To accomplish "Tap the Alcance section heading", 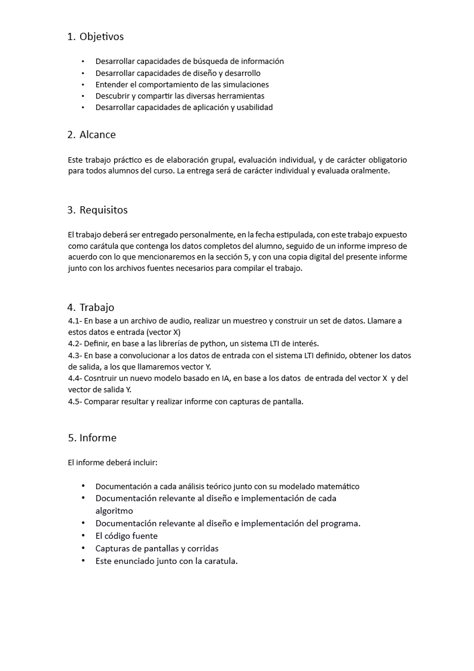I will pyautogui.click(x=97, y=135).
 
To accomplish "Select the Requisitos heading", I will pyautogui.click(x=103, y=210).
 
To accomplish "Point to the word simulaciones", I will pyautogui.click(x=244, y=84).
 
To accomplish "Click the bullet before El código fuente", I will pyautogui.click(x=82, y=536).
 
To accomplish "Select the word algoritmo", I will pyautogui.click(x=114, y=511).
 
